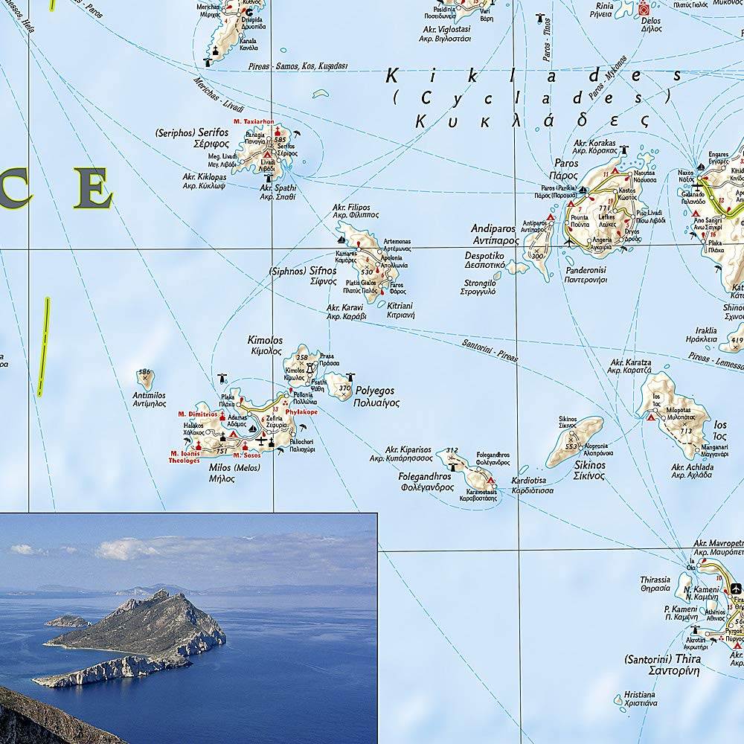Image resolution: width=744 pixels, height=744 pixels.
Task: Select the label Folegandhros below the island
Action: point(426,481)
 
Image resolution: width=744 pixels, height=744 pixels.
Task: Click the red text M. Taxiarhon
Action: point(254,121)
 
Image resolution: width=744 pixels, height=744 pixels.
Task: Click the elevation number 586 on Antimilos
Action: point(144,372)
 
